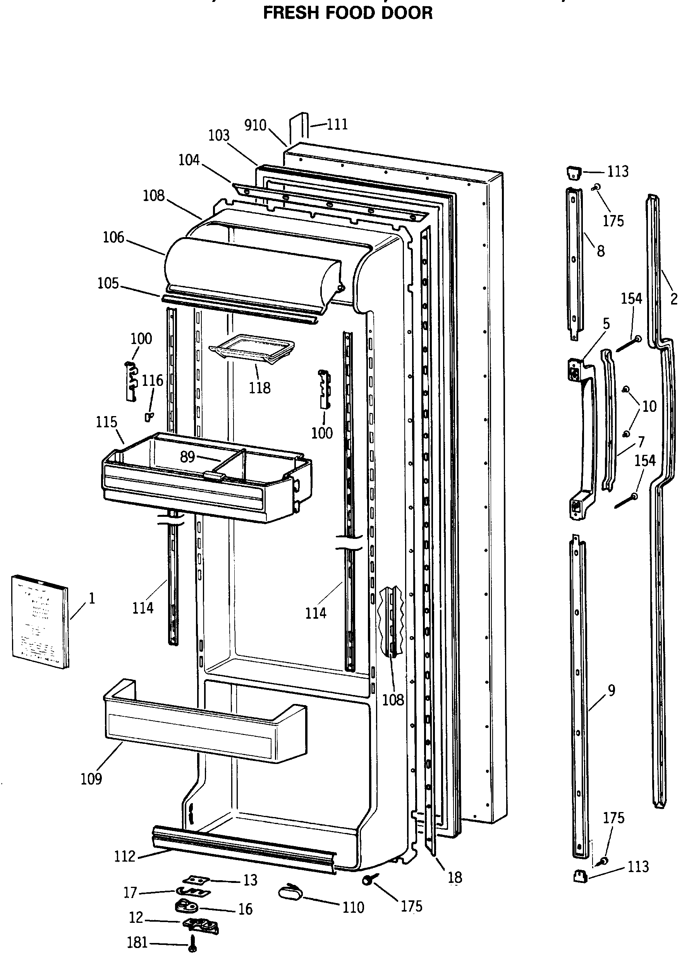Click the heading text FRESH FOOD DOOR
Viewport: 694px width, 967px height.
347,13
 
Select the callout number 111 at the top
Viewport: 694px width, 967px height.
337,124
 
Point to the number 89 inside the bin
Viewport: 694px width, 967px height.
187,457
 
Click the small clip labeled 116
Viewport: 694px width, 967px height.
149,416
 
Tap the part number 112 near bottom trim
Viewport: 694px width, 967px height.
124,856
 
